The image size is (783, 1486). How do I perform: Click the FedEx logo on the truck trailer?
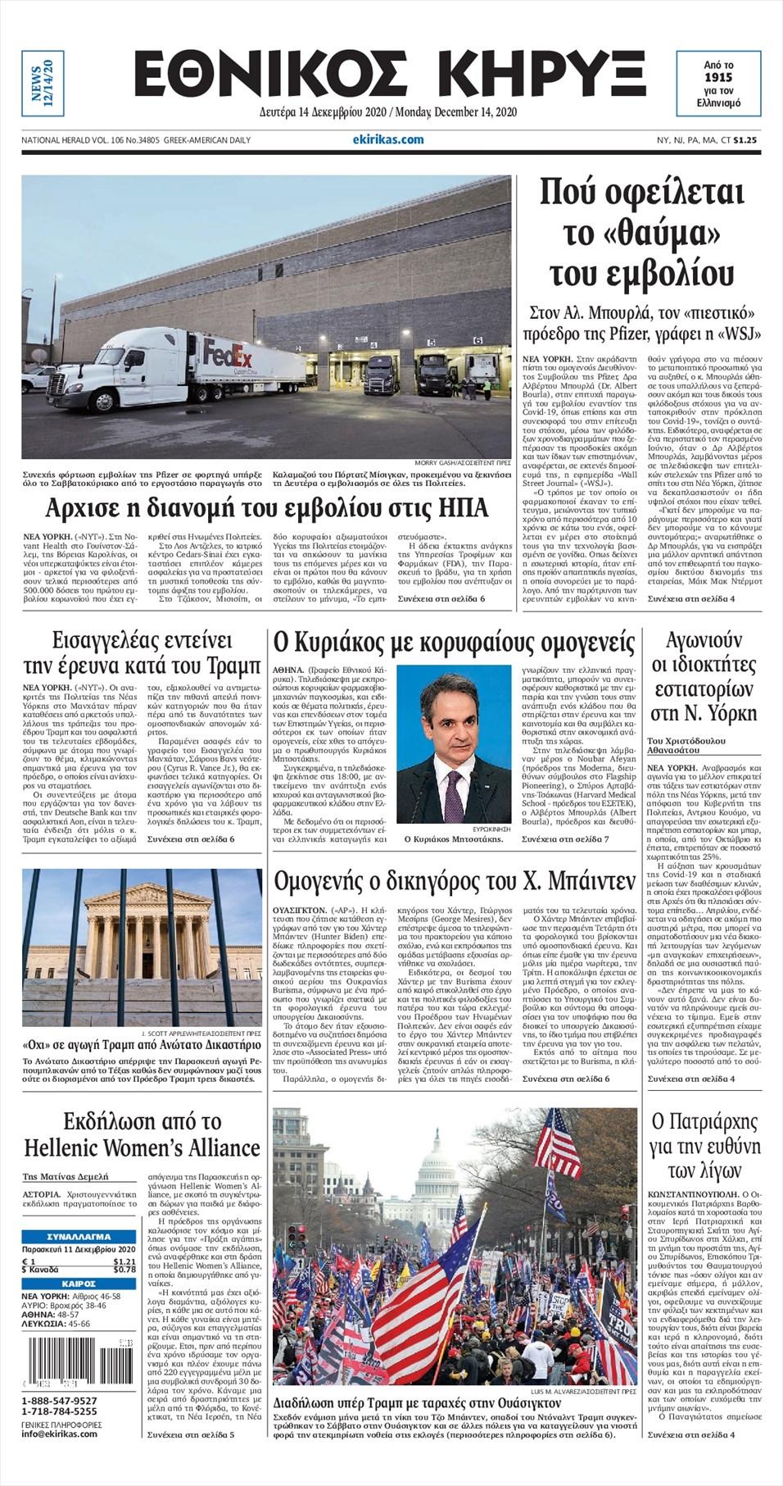tap(228, 357)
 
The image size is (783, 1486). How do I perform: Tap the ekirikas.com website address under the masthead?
tap(388, 139)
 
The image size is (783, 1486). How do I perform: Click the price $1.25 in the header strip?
tap(745, 140)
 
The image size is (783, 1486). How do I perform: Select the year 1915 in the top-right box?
tap(717, 77)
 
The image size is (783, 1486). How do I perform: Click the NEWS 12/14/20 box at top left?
tap(42, 83)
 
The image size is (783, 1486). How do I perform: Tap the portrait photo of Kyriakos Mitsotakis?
tap(454, 743)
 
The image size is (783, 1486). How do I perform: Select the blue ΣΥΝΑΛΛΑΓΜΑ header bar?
tap(79, 1236)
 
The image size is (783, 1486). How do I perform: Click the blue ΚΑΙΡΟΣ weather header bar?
tap(79, 1284)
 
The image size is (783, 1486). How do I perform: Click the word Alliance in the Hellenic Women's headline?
tap(215, 1147)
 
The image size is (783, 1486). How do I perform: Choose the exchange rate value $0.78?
tap(124, 1270)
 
